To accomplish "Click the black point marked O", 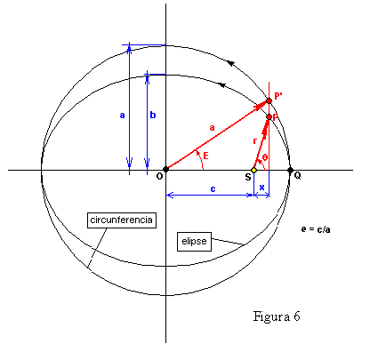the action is (x=165, y=170).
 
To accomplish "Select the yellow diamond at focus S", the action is (x=253, y=170).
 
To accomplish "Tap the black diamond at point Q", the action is (x=290, y=170).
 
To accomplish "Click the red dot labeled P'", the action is (x=269, y=100).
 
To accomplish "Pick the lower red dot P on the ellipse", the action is (x=269, y=117).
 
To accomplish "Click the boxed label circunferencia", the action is (x=122, y=220).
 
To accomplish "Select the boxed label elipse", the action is (x=194, y=242).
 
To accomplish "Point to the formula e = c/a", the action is (x=316, y=229).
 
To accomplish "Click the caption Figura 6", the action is (x=277, y=316).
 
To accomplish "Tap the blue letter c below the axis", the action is (x=213, y=189).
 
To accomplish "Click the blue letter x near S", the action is (x=261, y=188).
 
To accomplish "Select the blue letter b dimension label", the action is (x=153, y=115).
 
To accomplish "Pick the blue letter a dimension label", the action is (x=122, y=116).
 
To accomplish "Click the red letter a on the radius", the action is (x=212, y=128).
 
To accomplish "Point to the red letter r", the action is (x=254, y=141).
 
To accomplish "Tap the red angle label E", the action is (x=205, y=156).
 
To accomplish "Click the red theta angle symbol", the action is (x=265, y=157).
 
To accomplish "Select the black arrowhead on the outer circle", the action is (x=230, y=63).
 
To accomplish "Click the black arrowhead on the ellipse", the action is (x=222, y=85).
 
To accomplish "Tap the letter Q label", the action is (x=297, y=176).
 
